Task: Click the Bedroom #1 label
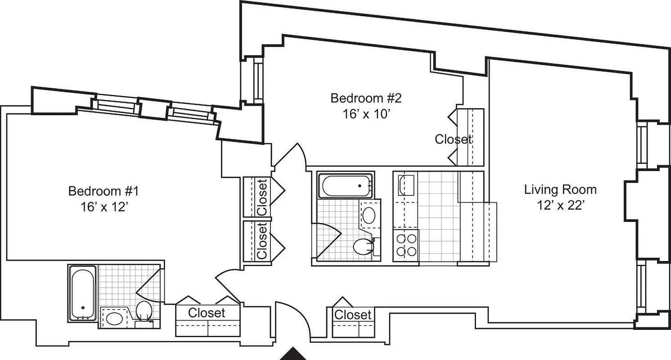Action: pyautogui.click(x=103, y=191)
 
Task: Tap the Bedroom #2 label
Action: pyautogui.click(x=365, y=98)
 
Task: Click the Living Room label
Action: pyautogui.click(x=560, y=189)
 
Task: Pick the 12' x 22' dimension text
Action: pyautogui.click(x=560, y=205)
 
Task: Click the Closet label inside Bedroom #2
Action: pyautogui.click(x=453, y=139)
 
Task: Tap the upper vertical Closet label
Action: pyautogui.click(x=262, y=197)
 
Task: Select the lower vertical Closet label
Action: pyautogui.click(x=262, y=241)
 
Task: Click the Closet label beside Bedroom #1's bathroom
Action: pyautogui.click(x=207, y=313)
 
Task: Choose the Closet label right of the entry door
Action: pyautogui.click(x=353, y=315)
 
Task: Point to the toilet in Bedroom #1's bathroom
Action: pyautogui.click(x=144, y=311)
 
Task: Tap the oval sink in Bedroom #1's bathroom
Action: pyautogui.click(x=114, y=319)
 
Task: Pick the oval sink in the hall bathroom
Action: pyautogui.click(x=369, y=216)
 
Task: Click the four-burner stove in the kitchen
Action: pyautogui.click(x=406, y=245)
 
